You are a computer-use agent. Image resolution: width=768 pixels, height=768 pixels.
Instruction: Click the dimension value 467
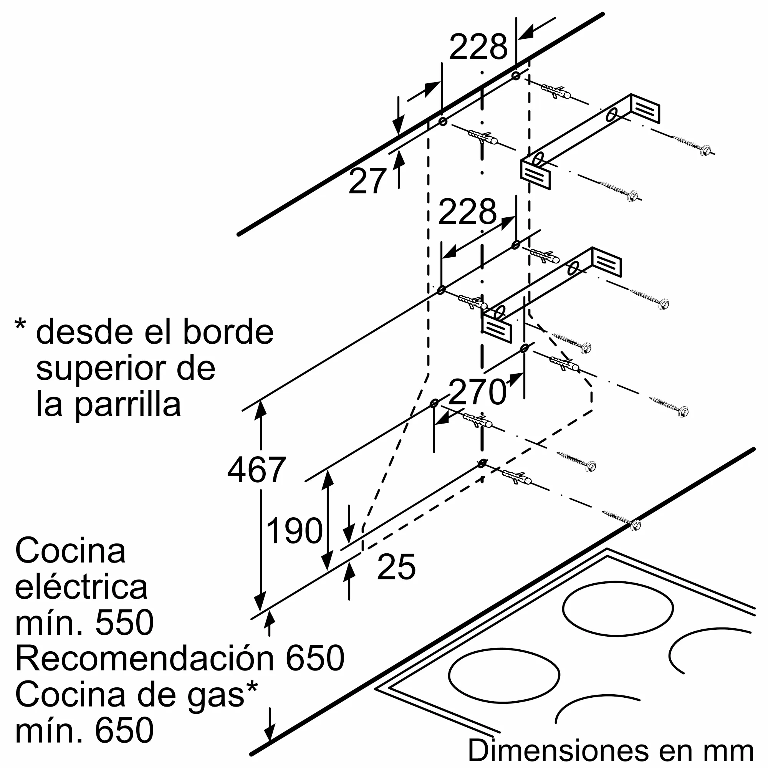tap(257, 470)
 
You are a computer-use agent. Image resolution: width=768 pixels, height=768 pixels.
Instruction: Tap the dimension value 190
tap(294, 530)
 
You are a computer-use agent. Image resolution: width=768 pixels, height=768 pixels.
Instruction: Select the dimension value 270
tap(477, 392)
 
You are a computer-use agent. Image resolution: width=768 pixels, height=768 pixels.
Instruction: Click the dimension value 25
tap(396, 566)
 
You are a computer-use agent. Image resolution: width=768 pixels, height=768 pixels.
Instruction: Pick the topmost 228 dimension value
tap(478, 47)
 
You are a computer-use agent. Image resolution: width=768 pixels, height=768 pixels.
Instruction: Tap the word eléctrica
tap(81, 587)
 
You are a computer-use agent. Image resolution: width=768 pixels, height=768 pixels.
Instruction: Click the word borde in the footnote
tap(228, 332)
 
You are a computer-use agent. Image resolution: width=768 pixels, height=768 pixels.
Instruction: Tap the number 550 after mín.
tap(124, 622)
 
